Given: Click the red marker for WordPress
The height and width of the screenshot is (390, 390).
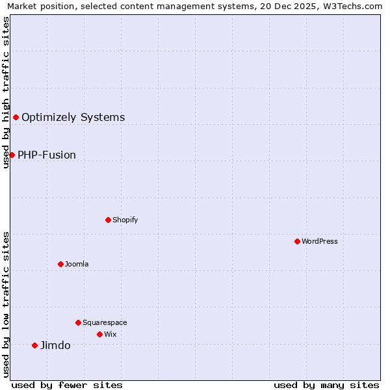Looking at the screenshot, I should tap(297, 241).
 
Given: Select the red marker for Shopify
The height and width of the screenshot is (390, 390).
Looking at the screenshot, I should tap(108, 220).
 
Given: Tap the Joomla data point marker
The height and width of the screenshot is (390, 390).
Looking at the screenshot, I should tap(60, 264).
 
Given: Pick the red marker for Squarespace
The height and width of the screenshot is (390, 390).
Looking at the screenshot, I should tap(78, 322).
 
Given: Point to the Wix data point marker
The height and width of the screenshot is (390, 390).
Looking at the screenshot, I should tap(99, 334).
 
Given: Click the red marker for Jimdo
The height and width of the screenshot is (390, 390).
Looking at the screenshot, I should tap(34, 345).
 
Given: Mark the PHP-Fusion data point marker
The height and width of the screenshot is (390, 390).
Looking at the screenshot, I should tap(12, 155).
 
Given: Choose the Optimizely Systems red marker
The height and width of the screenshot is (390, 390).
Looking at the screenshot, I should tap(16, 117).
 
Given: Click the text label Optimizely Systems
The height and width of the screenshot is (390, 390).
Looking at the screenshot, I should tap(73, 118).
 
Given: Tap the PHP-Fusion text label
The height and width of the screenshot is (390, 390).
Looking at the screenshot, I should tap(47, 155).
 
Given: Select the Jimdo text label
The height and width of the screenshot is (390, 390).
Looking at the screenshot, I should tap(55, 346).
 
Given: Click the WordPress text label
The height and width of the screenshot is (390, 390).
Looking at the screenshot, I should tap(320, 241).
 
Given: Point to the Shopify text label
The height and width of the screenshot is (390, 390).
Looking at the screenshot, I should tap(125, 220).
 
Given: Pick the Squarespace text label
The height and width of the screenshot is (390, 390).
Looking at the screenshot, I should tap(105, 322).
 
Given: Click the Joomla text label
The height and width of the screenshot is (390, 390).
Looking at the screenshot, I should tap(77, 264).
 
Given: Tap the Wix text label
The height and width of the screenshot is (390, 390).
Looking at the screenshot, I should tap(110, 334).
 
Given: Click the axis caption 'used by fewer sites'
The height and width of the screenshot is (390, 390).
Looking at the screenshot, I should tap(67, 385).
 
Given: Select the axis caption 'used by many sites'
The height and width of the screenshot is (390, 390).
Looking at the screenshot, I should tap(326, 385).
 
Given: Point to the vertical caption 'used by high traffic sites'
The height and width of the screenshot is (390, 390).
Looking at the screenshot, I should tap(6, 92).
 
